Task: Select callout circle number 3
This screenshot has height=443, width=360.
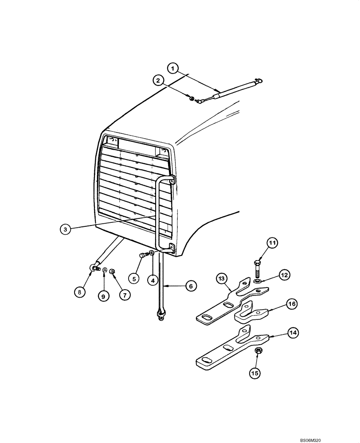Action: coord(66,229)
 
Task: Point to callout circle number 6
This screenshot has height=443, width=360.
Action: coord(190,287)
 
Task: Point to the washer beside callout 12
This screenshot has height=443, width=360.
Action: coord(258,281)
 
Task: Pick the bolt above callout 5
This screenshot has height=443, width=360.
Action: coord(144,255)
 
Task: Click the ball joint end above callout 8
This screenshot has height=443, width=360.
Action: coord(94,267)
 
